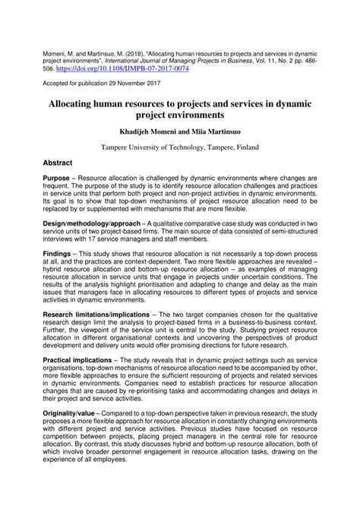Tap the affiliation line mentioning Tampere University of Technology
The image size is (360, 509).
pyautogui.click(x=180, y=142)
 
